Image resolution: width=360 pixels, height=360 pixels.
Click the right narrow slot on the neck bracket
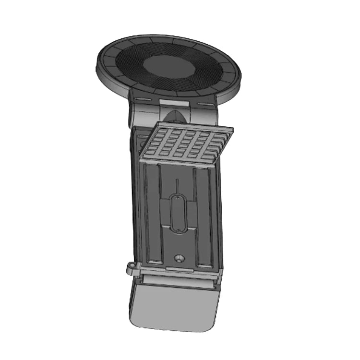pyautogui.click(x=208, y=103)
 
